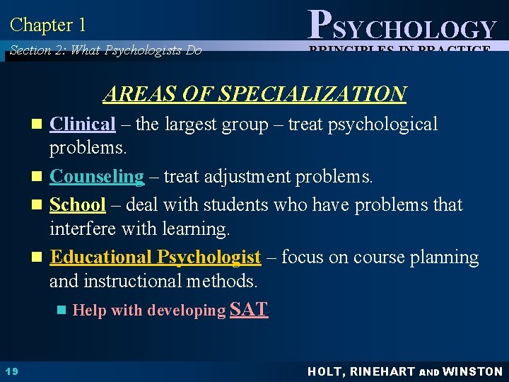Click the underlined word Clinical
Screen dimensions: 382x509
coord(82,125)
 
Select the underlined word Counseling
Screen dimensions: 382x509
coord(97,176)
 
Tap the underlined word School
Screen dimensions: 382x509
coord(78,205)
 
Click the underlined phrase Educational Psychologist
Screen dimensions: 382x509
coord(156,257)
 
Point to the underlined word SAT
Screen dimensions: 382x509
coord(250,309)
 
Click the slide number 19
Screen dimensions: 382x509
coord(11,371)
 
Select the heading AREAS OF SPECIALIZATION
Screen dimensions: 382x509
coord(255,93)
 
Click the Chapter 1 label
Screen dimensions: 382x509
coord(48,25)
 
